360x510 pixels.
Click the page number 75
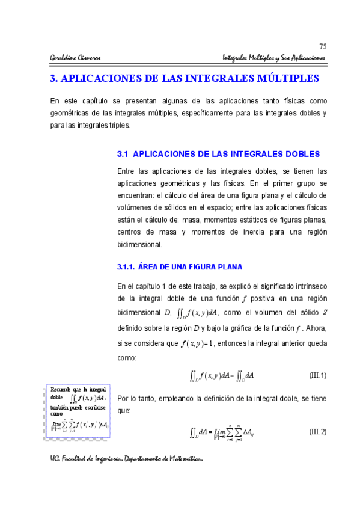tap(322, 47)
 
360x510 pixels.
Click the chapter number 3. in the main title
tap(53, 79)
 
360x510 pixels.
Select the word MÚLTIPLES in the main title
tap(283, 79)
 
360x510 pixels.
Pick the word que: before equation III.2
tap(124, 411)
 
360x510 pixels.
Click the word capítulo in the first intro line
tap(94, 100)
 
